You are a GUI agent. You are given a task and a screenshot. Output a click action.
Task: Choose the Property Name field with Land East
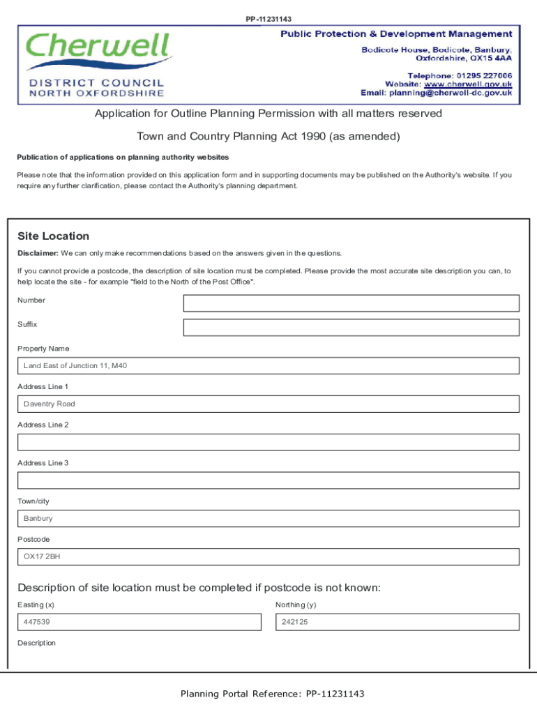[268, 366]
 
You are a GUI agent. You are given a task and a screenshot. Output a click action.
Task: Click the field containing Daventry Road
[268, 404]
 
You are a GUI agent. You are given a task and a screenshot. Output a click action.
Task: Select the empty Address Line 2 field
[268, 442]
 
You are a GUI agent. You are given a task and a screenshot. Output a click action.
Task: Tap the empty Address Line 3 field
[268, 480]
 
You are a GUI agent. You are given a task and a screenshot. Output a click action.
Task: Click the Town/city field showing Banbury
[268, 519]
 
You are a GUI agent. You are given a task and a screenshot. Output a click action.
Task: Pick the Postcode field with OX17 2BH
[268, 557]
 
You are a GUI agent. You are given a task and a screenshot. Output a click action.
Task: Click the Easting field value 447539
[139, 622]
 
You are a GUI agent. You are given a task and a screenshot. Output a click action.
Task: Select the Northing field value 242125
[397, 622]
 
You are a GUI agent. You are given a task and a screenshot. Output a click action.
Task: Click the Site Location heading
[53, 236]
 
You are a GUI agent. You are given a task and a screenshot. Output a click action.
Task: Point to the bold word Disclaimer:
[38, 253]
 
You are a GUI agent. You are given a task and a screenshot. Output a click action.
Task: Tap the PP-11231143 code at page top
[268, 19]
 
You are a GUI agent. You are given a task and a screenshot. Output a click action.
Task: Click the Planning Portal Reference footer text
[272, 694]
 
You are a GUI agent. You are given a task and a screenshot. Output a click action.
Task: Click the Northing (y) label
[296, 605]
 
